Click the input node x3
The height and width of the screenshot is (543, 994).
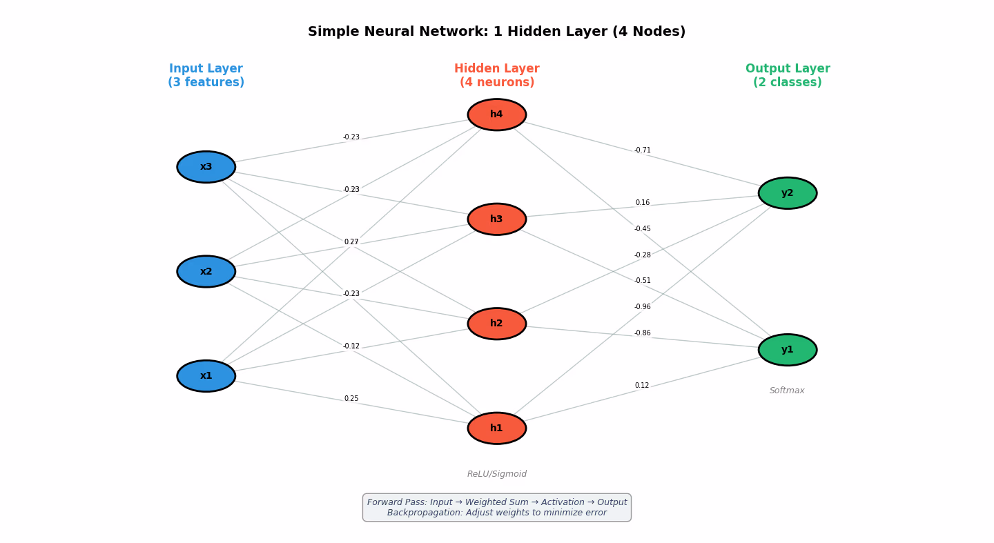click(x=206, y=167)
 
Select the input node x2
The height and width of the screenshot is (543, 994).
click(x=206, y=272)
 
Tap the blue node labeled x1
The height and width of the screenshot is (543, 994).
click(x=206, y=376)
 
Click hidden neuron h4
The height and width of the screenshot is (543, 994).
click(x=496, y=115)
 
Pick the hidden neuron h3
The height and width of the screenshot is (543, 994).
click(x=496, y=219)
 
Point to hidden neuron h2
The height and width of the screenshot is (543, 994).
click(x=496, y=324)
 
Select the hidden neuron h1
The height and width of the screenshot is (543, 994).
click(x=496, y=428)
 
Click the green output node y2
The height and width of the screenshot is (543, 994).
click(x=787, y=193)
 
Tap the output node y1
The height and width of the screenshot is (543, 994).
click(x=787, y=350)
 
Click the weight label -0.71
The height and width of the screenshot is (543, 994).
click(x=643, y=150)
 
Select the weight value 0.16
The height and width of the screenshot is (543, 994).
click(x=643, y=203)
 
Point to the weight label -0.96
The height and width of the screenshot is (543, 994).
click(x=643, y=307)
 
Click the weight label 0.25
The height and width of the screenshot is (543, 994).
click(x=351, y=399)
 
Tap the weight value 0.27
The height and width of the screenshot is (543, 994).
click(x=351, y=242)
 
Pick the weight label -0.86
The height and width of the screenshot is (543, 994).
click(x=643, y=333)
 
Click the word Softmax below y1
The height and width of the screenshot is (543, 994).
click(x=787, y=391)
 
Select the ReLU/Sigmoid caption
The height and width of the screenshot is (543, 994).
click(x=496, y=474)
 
